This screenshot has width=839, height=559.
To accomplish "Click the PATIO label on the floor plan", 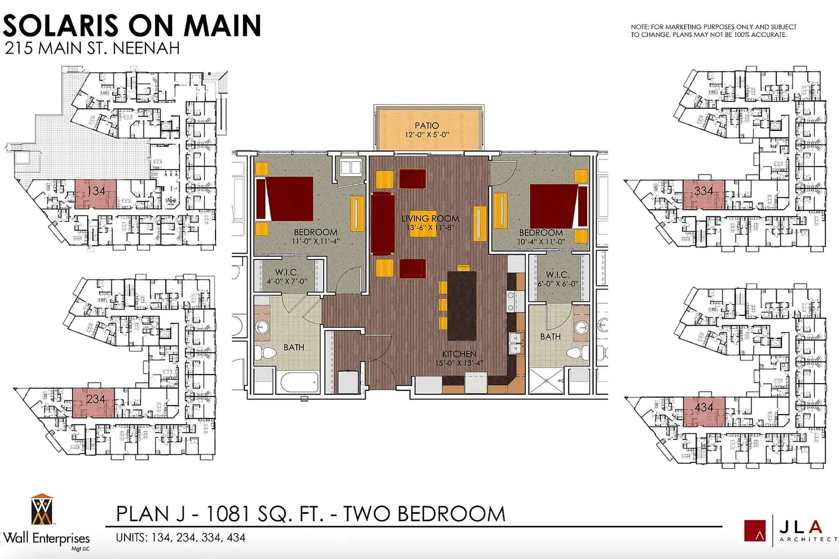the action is [x=426, y=126].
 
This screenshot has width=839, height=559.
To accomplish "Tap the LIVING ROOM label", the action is [x=430, y=219].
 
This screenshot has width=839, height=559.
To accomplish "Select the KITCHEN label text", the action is [x=459, y=354].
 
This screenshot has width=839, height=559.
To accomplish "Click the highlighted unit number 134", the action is [x=96, y=191].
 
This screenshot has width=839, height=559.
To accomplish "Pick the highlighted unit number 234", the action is [x=96, y=399].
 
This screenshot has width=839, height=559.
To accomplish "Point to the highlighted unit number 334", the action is [x=703, y=191].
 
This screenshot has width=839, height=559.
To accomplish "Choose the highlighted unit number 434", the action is [x=704, y=408].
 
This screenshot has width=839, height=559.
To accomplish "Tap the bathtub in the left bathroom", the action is [x=299, y=382].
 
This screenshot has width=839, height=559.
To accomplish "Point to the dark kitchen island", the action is [x=462, y=306].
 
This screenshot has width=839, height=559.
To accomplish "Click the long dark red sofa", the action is [x=383, y=223].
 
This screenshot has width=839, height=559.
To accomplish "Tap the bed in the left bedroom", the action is [x=285, y=199].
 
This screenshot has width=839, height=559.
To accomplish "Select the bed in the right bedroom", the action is [x=559, y=206].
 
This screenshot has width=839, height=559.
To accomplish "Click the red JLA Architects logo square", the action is [x=755, y=531].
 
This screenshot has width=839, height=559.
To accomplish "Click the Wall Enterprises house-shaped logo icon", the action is [x=42, y=509].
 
